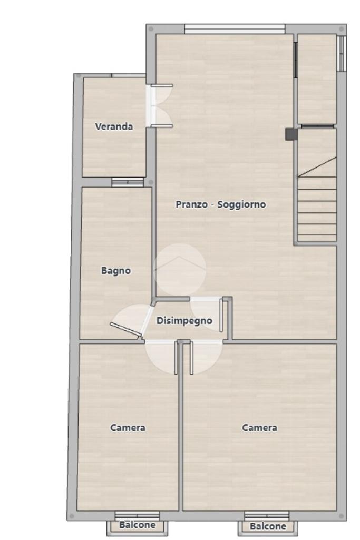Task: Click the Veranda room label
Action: pos(114,126)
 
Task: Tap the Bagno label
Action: pos(116,271)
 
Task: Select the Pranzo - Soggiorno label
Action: pos(221,204)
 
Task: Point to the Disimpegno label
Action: pos(184,321)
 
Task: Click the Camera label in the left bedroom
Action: pos(128,428)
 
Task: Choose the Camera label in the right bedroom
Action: pos(259,428)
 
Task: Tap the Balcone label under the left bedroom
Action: pos(137,525)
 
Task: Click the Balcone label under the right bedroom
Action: pos(268,526)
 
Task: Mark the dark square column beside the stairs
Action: pos(291,134)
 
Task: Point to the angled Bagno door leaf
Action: pos(126,329)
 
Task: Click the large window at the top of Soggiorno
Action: pos(235,29)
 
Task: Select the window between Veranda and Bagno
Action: pos(128,182)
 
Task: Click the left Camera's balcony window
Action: pos(137,516)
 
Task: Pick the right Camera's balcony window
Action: pos(267,516)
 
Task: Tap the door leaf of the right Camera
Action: pos(191,358)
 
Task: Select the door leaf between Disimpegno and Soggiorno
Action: pos(221,316)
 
